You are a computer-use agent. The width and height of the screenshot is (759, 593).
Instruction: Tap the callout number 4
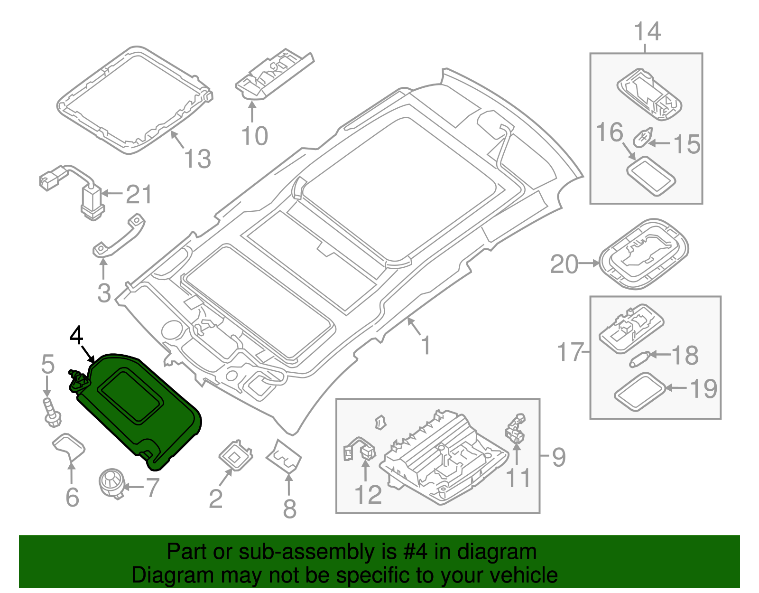(76, 336)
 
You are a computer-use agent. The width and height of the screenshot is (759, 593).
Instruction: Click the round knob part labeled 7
(111, 483)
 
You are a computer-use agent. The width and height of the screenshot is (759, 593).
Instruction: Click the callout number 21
(139, 195)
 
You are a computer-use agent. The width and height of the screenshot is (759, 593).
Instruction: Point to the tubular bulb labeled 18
(639, 358)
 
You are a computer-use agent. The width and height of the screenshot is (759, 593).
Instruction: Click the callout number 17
(569, 352)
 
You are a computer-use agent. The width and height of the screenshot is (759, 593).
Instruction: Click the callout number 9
(559, 457)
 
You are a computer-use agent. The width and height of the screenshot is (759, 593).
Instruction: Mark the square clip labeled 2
(235, 456)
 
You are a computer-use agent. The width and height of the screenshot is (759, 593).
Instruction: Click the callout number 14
(647, 32)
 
